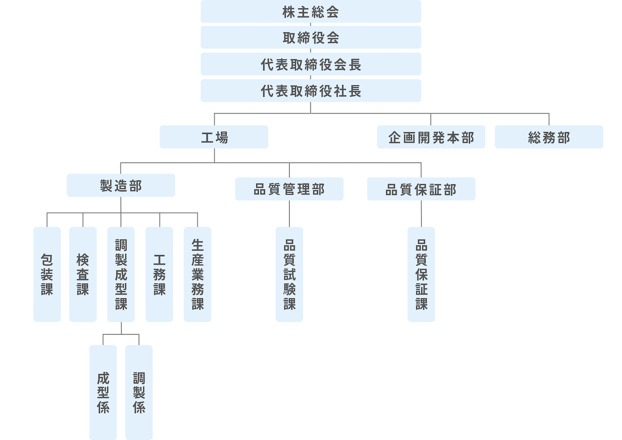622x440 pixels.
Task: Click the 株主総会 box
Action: click(310, 12)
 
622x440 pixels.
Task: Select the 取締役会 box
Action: click(310, 37)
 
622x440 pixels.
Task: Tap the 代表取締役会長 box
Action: click(310, 64)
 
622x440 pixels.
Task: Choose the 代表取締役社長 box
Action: click(310, 91)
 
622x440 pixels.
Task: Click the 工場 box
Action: click(214, 137)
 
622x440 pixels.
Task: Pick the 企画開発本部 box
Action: click(431, 137)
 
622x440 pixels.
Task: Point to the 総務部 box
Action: click(549, 137)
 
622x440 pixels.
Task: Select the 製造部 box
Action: click(121, 185)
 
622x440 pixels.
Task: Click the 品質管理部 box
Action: click(289, 189)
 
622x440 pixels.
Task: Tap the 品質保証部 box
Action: click(421, 189)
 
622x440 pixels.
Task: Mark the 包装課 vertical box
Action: click(47, 274)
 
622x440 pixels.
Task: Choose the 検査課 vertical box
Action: click(83, 274)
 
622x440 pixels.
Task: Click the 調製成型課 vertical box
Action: click(121, 274)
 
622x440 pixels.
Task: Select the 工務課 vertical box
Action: click(159, 274)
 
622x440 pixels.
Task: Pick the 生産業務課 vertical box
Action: click(197, 274)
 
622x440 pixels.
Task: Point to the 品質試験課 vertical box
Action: click(289, 274)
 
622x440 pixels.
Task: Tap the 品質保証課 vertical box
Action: click(421, 274)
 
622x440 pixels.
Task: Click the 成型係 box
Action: click(103, 392)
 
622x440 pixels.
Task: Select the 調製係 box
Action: click(139, 392)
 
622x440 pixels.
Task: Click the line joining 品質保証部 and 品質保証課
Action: click(421, 214)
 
